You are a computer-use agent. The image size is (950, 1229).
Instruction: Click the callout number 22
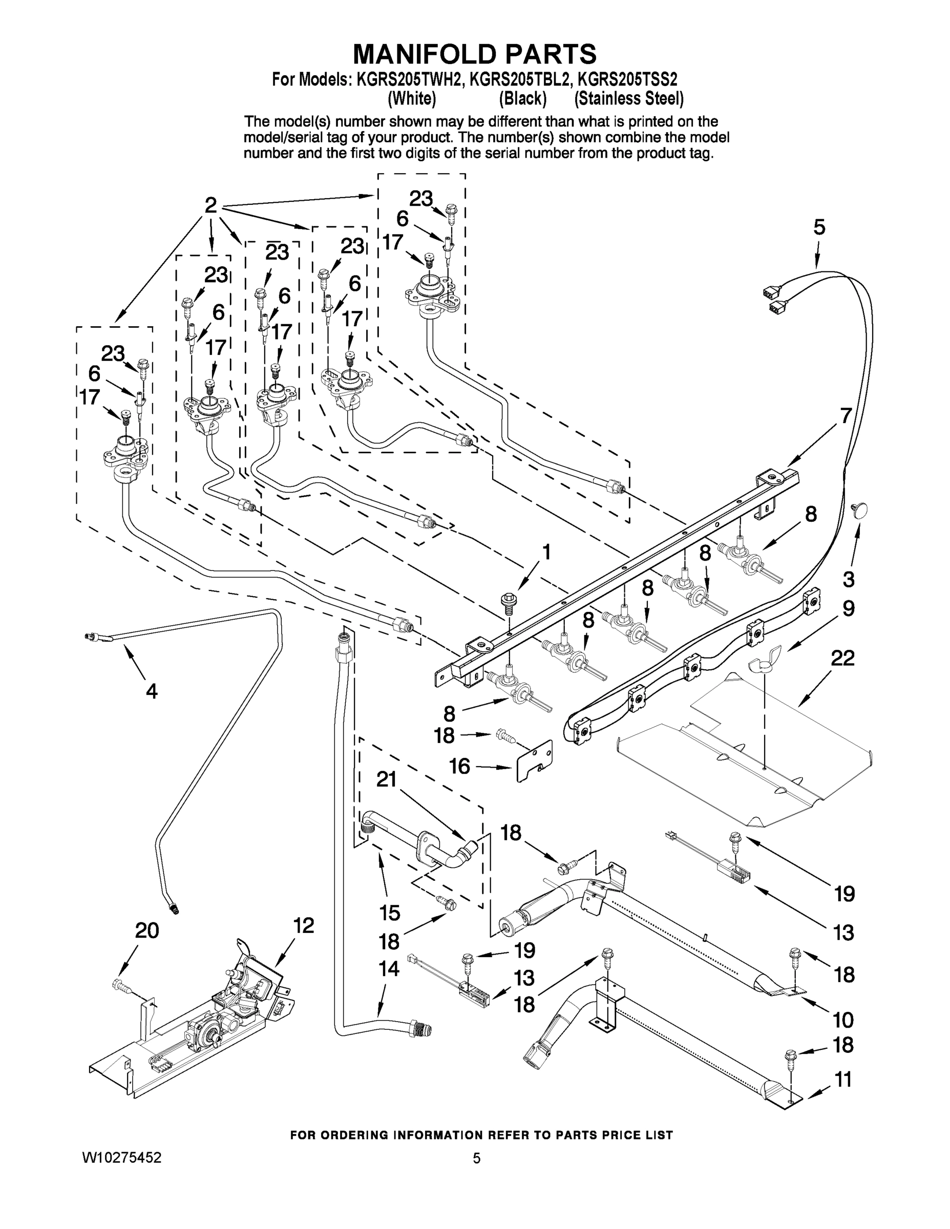842,658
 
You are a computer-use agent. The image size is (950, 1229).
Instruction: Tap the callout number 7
846,415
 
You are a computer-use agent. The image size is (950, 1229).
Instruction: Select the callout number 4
152,690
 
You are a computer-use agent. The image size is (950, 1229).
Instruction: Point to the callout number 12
304,925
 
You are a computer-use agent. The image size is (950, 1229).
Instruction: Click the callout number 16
460,766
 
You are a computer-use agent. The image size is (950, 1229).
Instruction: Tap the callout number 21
387,779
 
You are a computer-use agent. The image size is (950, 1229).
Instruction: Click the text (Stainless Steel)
629,99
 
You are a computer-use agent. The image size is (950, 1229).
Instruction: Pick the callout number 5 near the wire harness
819,227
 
